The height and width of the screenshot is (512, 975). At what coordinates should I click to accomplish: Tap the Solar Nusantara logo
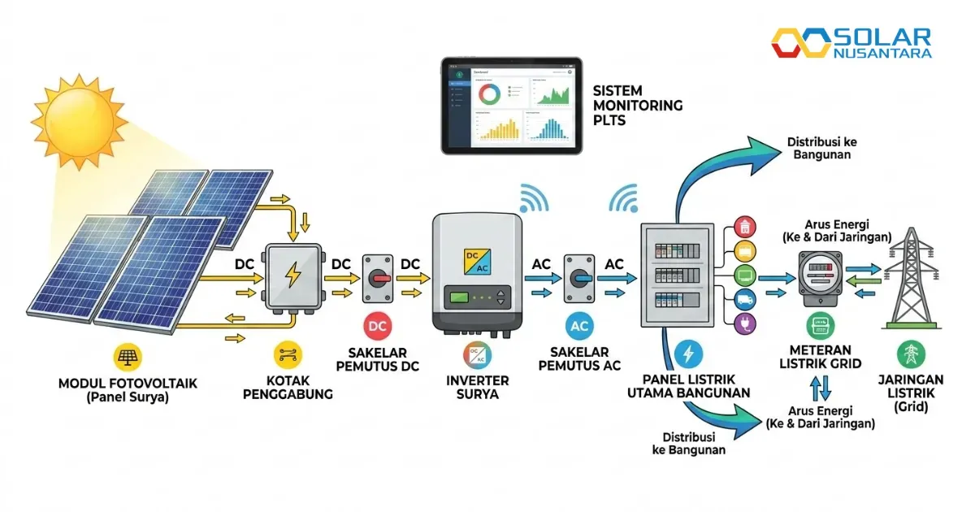(851, 43)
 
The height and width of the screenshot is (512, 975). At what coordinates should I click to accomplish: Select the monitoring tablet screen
(511, 106)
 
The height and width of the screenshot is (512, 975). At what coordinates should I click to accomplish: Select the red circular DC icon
(378, 326)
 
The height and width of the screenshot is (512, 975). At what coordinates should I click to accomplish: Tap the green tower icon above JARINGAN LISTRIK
(911, 354)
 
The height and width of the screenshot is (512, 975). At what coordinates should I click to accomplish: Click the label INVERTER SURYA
(478, 388)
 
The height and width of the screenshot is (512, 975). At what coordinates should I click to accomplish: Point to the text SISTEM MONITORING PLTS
(638, 106)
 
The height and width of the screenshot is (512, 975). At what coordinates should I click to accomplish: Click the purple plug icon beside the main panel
(744, 324)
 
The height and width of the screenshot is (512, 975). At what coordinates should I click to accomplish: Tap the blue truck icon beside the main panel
(744, 300)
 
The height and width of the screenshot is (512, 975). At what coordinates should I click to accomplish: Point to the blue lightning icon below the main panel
(688, 354)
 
